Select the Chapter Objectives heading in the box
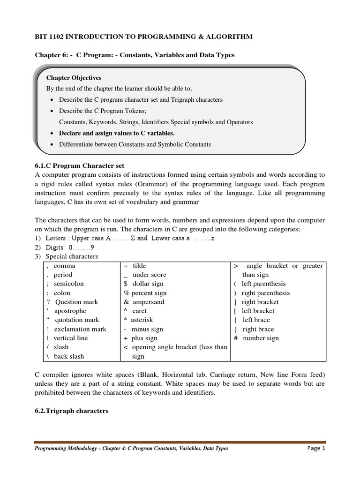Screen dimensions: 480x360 pos(74,77)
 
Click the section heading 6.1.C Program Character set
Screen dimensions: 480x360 pos(79,165)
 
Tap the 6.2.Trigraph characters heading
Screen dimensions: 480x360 pos(72,411)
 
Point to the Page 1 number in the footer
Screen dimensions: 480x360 pos(316,448)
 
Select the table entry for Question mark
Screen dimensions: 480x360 pos(73,302)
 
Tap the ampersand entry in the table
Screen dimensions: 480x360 pos(144,302)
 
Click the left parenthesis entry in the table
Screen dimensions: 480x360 pos(260,284)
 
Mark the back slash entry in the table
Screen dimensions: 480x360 pos(66,356)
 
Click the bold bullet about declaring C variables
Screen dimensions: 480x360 pos(113,133)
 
